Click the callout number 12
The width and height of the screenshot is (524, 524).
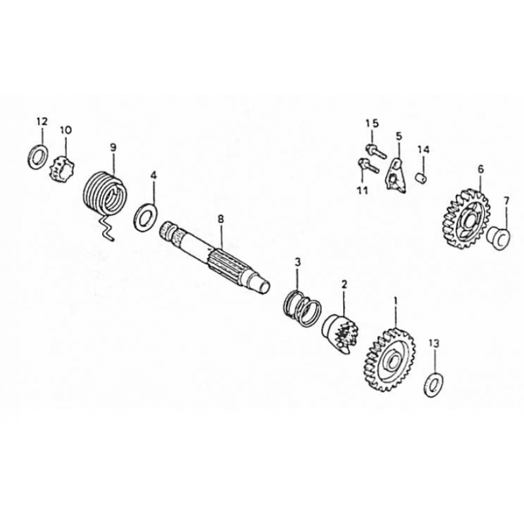42,121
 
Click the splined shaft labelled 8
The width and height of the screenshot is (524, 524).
214,256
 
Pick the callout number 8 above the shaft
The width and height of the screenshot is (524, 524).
221,219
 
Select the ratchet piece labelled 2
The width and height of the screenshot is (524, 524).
340,334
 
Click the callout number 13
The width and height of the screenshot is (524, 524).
434,343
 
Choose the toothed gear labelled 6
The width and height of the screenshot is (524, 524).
464,219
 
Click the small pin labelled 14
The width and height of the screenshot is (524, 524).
421,177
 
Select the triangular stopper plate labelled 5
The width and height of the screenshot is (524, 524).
396,176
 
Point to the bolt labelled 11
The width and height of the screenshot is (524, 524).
368,166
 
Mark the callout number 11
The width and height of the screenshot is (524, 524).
362,191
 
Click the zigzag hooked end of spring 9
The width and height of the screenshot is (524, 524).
106,228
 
